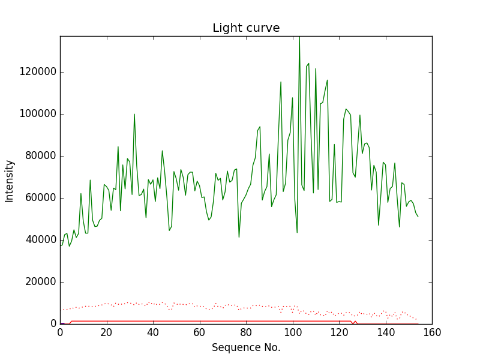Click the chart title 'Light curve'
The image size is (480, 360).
tap(246, 28)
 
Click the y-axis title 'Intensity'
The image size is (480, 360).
tap(10, 181)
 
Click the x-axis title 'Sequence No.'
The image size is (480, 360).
tap(246, 347)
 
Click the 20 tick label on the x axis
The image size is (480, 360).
tap(107, 332)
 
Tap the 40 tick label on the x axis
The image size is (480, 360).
tap(153, 332)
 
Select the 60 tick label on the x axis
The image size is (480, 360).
tap(200, 332)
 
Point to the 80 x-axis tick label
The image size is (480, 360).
tap(246, 332)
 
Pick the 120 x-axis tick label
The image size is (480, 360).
tap(339, 332)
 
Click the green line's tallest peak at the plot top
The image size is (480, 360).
tap(299, 38)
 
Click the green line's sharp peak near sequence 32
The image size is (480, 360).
tap(134, 114)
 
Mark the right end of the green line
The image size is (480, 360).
tap(418, 217)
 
